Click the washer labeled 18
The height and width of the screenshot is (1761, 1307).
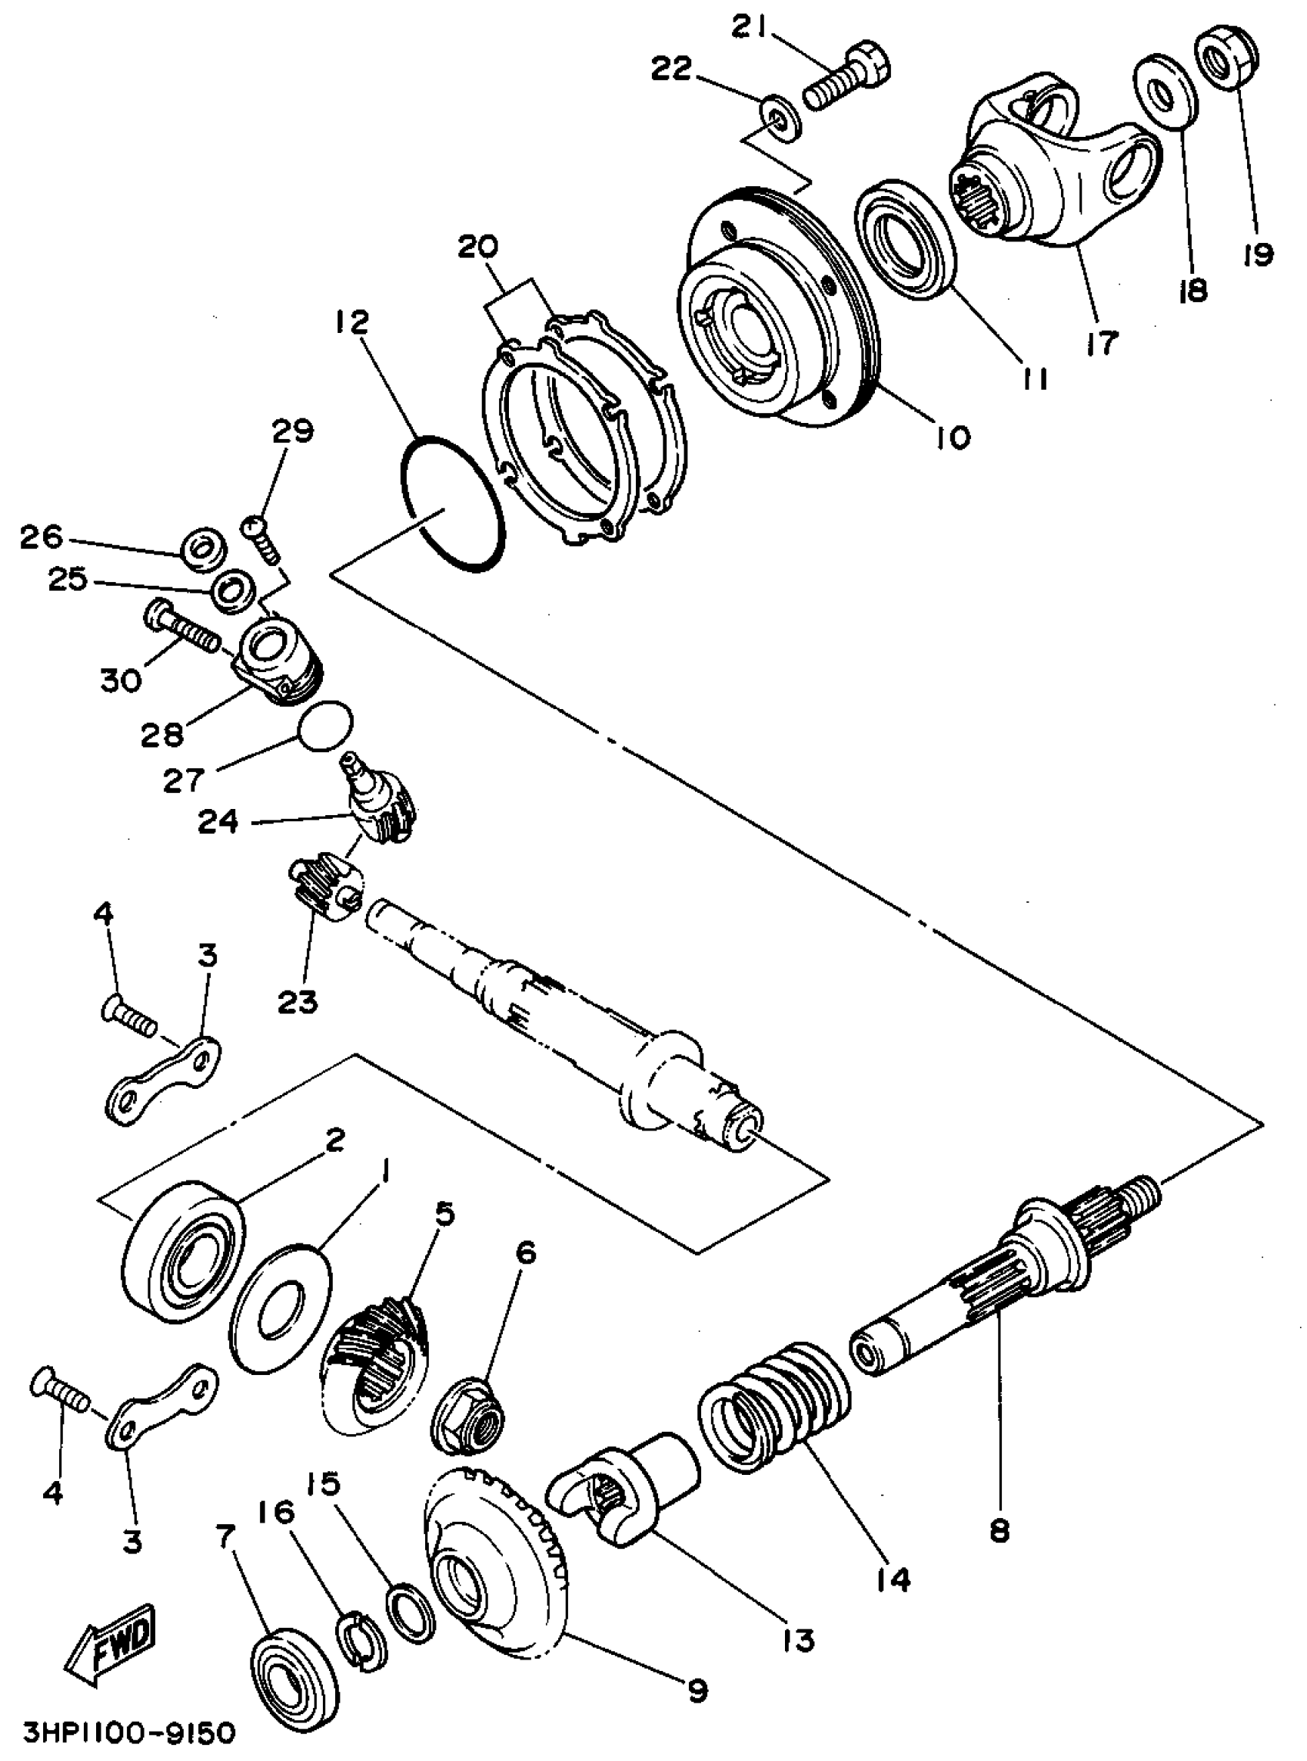point(1166,91)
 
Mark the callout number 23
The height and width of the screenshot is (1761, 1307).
point(298,1002)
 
